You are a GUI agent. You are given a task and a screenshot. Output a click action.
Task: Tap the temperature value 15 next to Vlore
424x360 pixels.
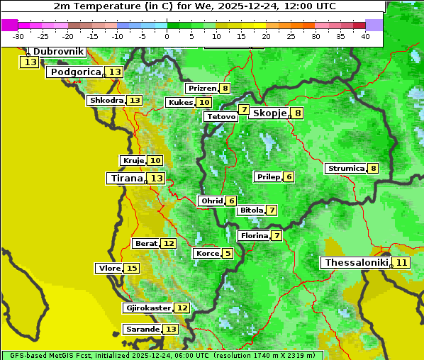[132, 268]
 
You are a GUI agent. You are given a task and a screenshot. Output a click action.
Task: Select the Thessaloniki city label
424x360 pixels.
[356, 262]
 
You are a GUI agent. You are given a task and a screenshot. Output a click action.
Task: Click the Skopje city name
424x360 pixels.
[269, 113]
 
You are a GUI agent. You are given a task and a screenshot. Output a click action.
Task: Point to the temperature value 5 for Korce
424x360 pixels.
[227, 253]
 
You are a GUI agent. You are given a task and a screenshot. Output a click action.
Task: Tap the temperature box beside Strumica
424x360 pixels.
[373, 168]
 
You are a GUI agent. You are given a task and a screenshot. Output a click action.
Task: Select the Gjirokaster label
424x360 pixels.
[147, 308]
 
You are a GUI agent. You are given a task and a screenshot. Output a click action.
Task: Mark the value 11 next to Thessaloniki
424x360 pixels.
[401, 262]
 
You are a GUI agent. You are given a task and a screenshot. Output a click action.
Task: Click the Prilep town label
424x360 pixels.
[268, 176]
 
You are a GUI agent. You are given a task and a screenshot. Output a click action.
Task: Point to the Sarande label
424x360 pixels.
[142, 329]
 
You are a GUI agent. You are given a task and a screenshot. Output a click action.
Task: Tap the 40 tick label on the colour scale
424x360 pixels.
[365, 36]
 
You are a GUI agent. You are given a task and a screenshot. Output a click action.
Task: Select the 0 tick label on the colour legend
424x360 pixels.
[167, 36]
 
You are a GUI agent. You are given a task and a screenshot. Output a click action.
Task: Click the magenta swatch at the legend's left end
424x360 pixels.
[10, 25]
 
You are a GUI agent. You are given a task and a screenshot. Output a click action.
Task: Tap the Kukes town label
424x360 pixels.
[180, 102]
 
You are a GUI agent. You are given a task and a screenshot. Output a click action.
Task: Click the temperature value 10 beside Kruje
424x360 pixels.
[155, 160]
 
